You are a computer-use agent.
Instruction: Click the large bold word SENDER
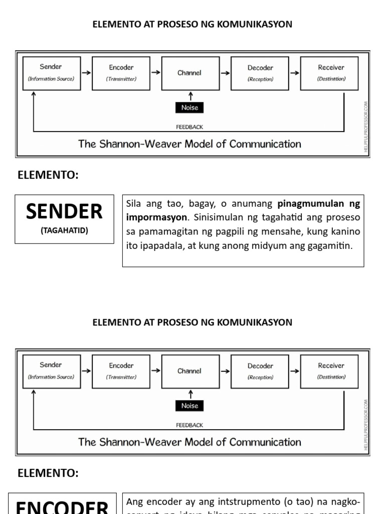pos(64,212)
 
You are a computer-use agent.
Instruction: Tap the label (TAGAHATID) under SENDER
pos(64,231)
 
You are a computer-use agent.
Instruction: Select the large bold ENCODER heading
pos(62,506)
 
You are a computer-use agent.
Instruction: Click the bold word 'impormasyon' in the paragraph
pos(155,218)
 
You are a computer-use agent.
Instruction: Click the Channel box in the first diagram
pos(189,73)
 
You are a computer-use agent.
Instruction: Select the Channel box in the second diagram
pos(189,371)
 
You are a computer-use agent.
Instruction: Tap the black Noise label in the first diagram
pos(189,107)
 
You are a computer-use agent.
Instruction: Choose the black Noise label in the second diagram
pos(189,406)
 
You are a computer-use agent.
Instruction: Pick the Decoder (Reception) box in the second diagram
pos(260,371)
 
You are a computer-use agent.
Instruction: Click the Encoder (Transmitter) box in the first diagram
pos(121,73)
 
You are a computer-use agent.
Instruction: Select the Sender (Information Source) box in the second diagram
pos(51,371)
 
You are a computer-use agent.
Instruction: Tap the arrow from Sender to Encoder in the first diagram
pos(86,73)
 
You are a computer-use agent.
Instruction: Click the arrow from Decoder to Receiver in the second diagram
pos(294,371)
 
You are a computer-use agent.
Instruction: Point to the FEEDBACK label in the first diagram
pos(189,127)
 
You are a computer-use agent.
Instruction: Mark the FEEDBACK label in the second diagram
pos(189,425)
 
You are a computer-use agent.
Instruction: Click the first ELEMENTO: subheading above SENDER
pos(48,175)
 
